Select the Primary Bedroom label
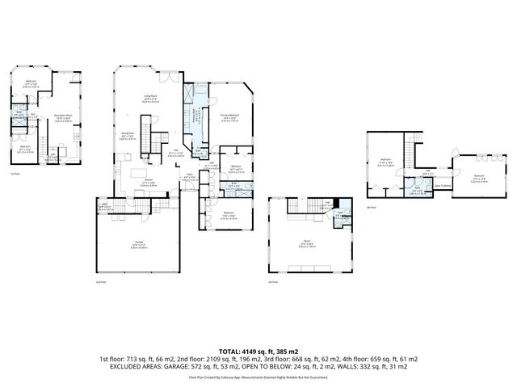tap(231, 116)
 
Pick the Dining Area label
tap(127, 134)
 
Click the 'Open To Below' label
tap(443, 185)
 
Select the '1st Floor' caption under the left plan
tap(14, 174)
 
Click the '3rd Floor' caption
tap(273, 282)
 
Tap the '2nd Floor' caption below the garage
tap(99, 282)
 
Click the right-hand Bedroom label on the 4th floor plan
tap(479, 177)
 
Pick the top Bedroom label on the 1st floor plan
tap(31, 82)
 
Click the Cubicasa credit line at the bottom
tap(258, 377)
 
